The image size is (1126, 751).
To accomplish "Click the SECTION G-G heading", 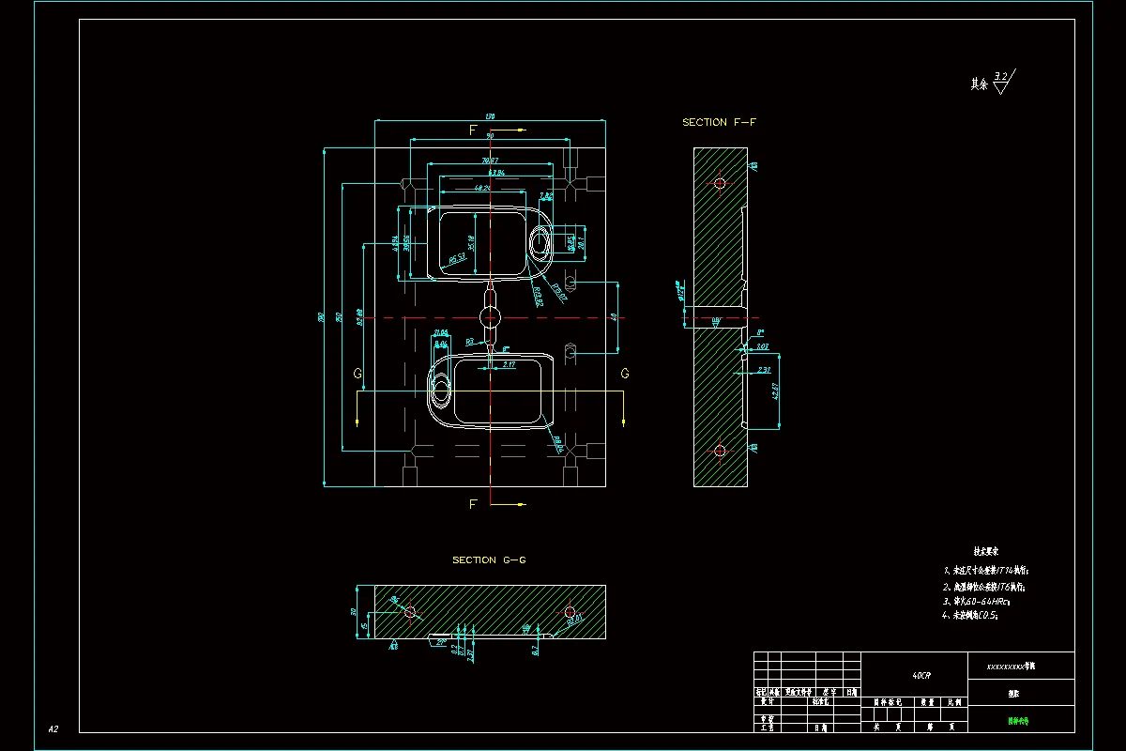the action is pyautogui.click(x=489, y=560).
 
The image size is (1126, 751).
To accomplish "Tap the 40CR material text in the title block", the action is pyautogui.click(x=921, y=675).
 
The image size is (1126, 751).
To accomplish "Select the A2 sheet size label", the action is pyautogui.click(x=53, y=728).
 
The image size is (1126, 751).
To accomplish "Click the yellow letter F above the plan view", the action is pyautogui.click(x=474, y=130).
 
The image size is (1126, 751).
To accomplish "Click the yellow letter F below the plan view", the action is pyautogui.click(x=474, y=504).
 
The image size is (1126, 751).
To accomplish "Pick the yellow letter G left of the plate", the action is pyautogui.click(x=358, y=374).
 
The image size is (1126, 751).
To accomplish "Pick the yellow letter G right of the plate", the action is pyautogui.click(x=625, y=374).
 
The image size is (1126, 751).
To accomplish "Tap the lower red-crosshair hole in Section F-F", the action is pyautogui.click(x=720, y=451).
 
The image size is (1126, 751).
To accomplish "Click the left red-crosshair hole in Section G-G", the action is pyautogui.click(x=410, y=611).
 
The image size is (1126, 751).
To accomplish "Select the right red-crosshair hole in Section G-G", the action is pyautogui.click(x=570, y=613).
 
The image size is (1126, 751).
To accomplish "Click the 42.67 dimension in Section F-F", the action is pyautogui.click(x=776, y=391).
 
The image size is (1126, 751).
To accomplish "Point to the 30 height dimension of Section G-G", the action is pyautogui.click(x=354, y=611).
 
